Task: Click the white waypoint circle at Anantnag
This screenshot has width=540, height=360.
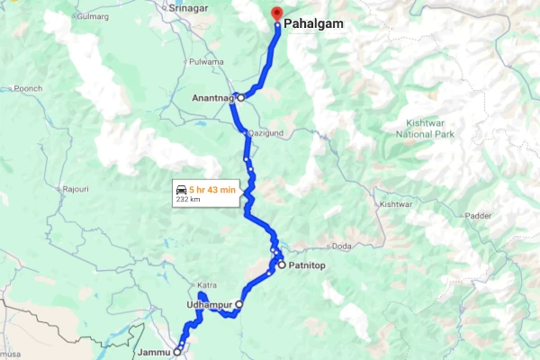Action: (x=241, y=96)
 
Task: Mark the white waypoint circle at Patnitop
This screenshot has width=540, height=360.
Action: (x=281, y=265)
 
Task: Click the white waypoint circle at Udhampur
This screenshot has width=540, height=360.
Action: (x=238, y=305)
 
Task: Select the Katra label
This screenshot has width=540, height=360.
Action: (x=207, y=285)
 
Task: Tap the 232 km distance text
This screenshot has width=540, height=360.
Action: (x=188, y=200)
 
